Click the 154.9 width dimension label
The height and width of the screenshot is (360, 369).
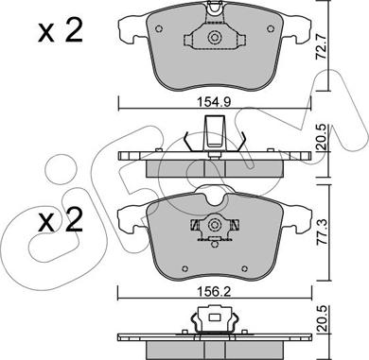click(x=214, y=102)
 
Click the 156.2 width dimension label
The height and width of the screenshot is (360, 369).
click(x=214, y=292)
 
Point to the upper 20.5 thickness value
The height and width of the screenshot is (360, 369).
click(x=322, y=138)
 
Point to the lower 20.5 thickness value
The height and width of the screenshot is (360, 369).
click(x=322, y=318)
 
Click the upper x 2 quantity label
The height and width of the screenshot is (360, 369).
click(x=61, y=31)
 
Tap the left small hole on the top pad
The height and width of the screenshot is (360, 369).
click(x=159, y=29)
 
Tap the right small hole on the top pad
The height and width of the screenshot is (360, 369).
click(x=270, y=29)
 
